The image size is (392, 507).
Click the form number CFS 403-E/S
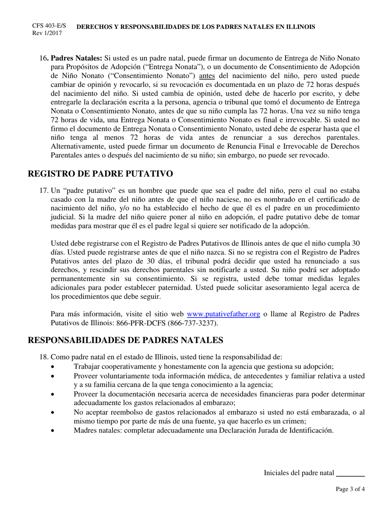49,26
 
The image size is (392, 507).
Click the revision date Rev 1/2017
47,33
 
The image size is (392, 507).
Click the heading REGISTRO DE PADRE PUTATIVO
100,174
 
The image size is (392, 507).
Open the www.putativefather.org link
223,314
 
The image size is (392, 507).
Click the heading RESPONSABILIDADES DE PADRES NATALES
125,340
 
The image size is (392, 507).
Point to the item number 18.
44,357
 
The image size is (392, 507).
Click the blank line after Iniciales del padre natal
351,473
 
